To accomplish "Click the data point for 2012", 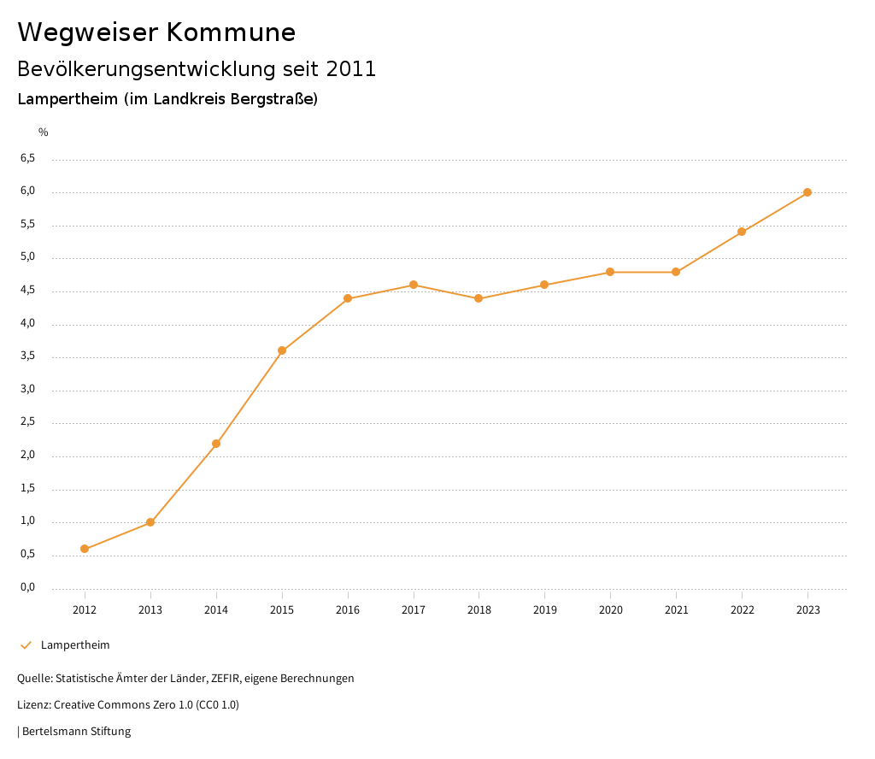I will (x=85, y=549).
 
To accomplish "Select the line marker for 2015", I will (x=282, y=350).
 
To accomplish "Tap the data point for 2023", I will (x=807, y=192).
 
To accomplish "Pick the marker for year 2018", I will (x=479, y=298).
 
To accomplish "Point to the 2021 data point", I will (x=676, y=272).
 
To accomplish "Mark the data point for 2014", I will (x=216, y=444).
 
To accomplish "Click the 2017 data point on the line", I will (x=414, y=285).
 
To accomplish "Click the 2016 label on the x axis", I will (x=348, y=610).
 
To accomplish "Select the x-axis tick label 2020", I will (x=610, y=610).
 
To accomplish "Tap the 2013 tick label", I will (x=150, y=610).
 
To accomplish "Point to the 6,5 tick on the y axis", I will (x=28, y=159).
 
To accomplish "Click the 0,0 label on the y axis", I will (x=28, y=588).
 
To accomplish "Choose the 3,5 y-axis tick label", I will (x=28, y=356).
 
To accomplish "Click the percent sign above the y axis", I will (x=44, y=132).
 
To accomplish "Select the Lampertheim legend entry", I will (x=75, y=645).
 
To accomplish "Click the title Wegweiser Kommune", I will (x=156, y=32).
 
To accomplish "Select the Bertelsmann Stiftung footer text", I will (x=76, y=732).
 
